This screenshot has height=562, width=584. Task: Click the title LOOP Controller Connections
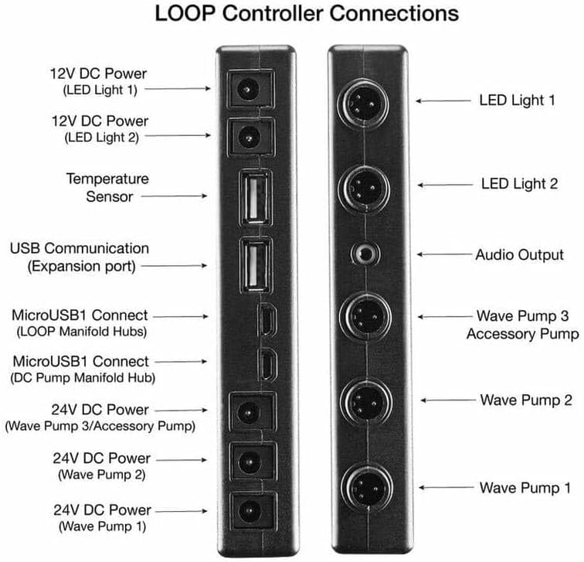pos(307,15)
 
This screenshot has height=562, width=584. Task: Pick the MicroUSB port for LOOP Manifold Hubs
pos(264,318)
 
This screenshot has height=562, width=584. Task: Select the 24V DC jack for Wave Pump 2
pos(250,462)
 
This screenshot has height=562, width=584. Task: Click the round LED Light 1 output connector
pos(362,100)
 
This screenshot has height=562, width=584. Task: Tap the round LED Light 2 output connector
pos(362,185)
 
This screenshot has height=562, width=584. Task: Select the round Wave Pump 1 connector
pos(362,488)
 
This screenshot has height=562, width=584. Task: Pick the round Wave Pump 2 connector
pos(362,401)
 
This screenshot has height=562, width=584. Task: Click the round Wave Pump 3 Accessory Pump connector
pos(362,316)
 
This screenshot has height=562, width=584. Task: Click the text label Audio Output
pos(519,254)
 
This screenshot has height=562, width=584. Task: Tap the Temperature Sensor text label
pos(107,188)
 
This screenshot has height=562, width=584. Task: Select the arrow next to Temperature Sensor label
pos(176,197)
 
